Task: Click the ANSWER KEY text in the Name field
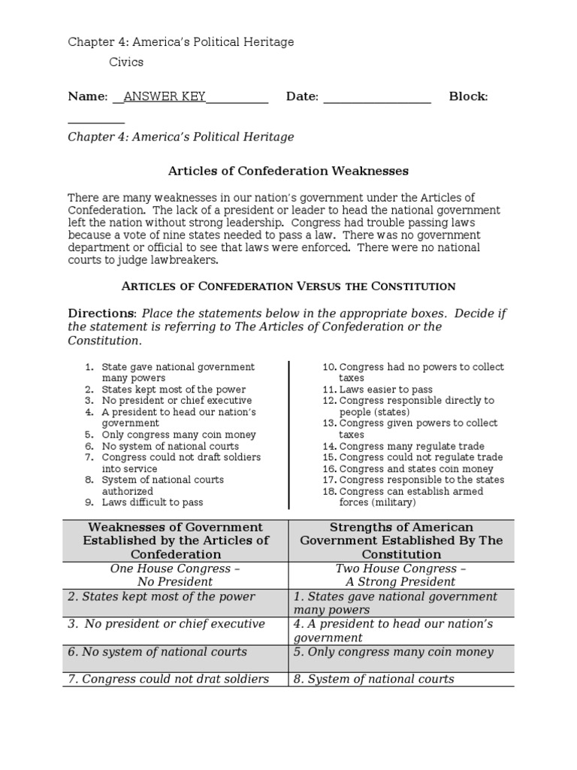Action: (164, 96)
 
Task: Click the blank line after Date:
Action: (377, 98)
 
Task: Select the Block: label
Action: (468, 96)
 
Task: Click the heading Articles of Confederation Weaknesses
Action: (288, 171)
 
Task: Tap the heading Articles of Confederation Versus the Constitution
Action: (288, 286)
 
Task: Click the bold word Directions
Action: (102, 313)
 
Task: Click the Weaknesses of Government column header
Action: (176, 541)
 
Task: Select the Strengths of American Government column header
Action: (401, 541)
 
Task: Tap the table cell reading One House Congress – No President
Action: (176, 575)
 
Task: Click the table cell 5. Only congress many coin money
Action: (393, 652)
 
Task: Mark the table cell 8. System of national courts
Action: (373, 679)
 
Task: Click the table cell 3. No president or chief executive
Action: (166, 624)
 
